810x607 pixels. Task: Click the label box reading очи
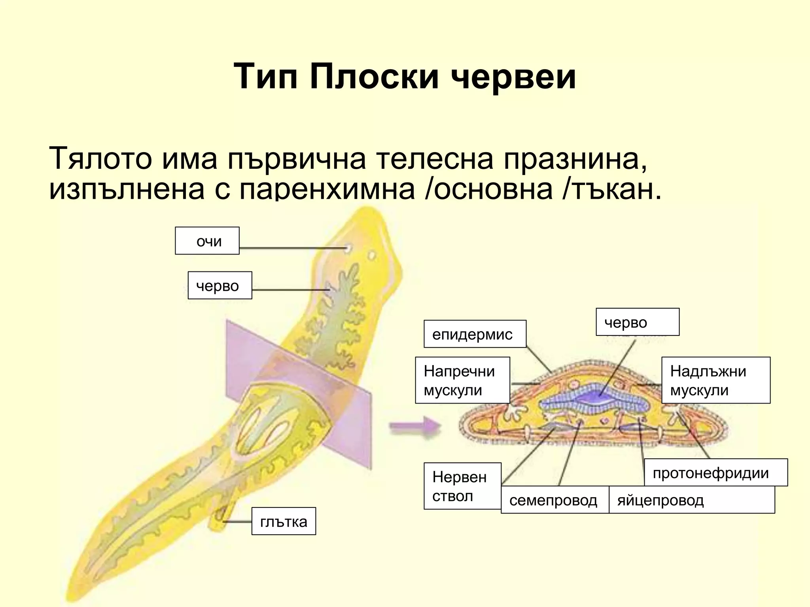point(207,241)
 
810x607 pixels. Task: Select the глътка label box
point(284,521)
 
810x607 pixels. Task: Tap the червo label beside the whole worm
point(220,285)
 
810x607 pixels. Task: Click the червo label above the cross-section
point(637,322)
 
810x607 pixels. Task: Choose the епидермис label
point(475,334)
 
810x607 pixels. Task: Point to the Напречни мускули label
point(462,380)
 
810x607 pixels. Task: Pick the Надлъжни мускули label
point(715,380)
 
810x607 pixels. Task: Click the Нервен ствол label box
point(462,486)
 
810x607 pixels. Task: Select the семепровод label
point(555,500)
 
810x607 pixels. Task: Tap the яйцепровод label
point(691,500)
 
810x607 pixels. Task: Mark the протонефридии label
point(715,472)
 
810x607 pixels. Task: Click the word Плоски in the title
point(374,77)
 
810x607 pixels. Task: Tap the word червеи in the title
point(513,77)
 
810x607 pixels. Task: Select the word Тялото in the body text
point(100,158)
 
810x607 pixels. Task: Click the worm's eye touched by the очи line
point(348,249)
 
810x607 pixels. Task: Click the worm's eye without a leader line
point(372,256)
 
